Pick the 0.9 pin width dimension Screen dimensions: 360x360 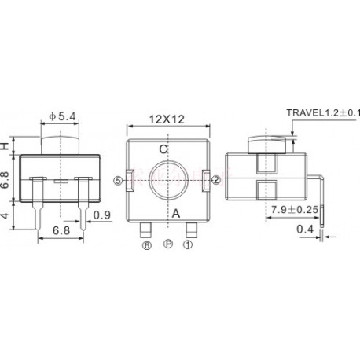(101, 215)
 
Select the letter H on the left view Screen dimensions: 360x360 (5, 146)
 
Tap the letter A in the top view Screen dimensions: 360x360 (175, 212)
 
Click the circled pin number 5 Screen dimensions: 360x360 (119, 180)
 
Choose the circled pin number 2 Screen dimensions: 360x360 (215, 180)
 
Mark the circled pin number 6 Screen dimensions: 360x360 (146, 244)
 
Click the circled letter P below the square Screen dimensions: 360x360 (167, 244)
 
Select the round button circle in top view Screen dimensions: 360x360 (167, 181)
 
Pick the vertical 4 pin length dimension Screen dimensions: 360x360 (6, 214)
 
